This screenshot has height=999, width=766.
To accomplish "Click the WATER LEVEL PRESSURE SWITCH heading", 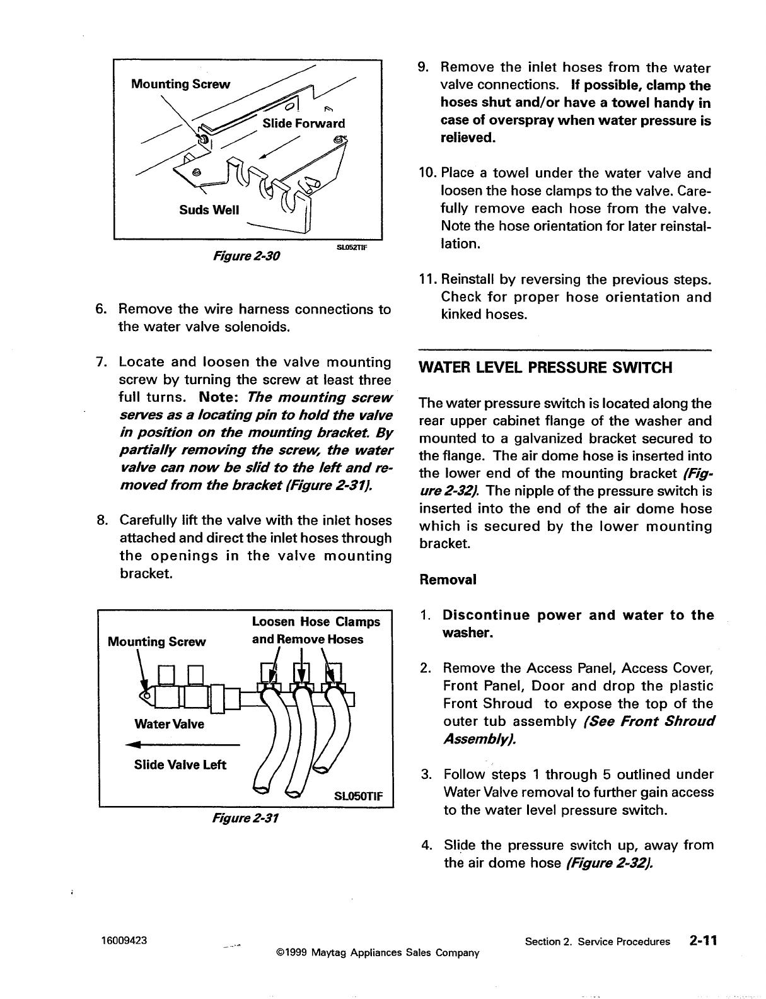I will point(546,368).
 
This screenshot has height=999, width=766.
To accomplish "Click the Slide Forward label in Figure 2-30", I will point(304,123).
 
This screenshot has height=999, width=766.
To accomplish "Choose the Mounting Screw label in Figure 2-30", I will point(180,84).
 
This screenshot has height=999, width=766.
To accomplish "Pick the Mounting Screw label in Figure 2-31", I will point(157,641).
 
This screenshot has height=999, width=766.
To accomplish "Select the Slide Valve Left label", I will point(180,765).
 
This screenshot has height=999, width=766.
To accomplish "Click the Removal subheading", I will point(448,579).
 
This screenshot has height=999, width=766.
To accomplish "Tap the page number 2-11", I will point(703,941).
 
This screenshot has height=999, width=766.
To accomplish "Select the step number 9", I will point(424,67).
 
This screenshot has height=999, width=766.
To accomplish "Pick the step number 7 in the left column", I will point(100,362).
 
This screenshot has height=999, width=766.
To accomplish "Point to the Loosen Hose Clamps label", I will point(316,622).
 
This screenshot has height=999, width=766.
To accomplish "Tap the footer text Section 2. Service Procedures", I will point(597,942).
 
